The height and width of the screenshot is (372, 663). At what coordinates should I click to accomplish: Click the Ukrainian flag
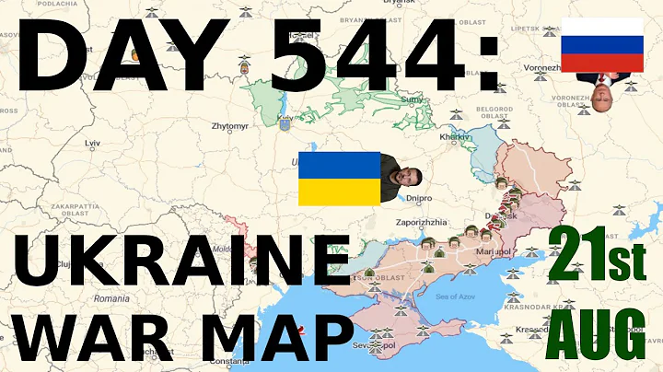pyautogui.click(x=339, y=178)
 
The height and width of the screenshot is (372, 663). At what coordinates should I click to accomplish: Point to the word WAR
pyautogui.click(x=102, y=335)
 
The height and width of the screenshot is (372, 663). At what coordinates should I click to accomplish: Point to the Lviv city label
pyautogui.click(x=91, y=144)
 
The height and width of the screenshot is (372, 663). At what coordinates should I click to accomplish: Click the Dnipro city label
pyautogui.click(x=418, y=197)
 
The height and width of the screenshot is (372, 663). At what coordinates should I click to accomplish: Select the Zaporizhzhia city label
pyautogui.click(x=424, y=222)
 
